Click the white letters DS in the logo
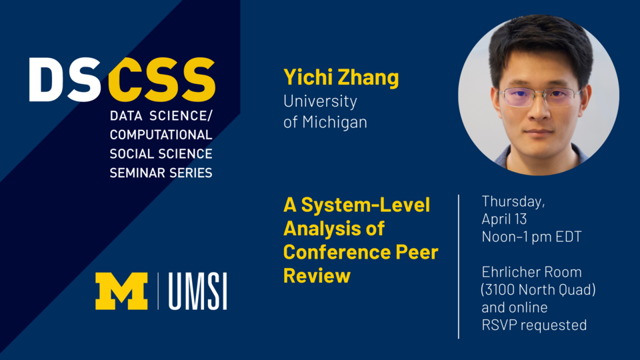tap(65, 81)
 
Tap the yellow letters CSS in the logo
tap(161, 81)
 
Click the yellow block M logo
tap(121, 291)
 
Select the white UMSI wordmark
tap(197, 291)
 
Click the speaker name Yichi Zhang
tap(341, 78)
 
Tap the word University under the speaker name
tap(320, 101)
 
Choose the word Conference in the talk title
tap(337, 252)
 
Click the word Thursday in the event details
tap(513, 201)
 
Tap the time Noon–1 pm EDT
tap(531, 237)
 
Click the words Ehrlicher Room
tap(531, 272)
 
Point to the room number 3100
tap(505, 290)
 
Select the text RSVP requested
tap(534, 325)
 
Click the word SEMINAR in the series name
tap(137, 173)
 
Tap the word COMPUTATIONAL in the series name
tap(161, 135)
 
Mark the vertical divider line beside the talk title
tap(459, 267)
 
